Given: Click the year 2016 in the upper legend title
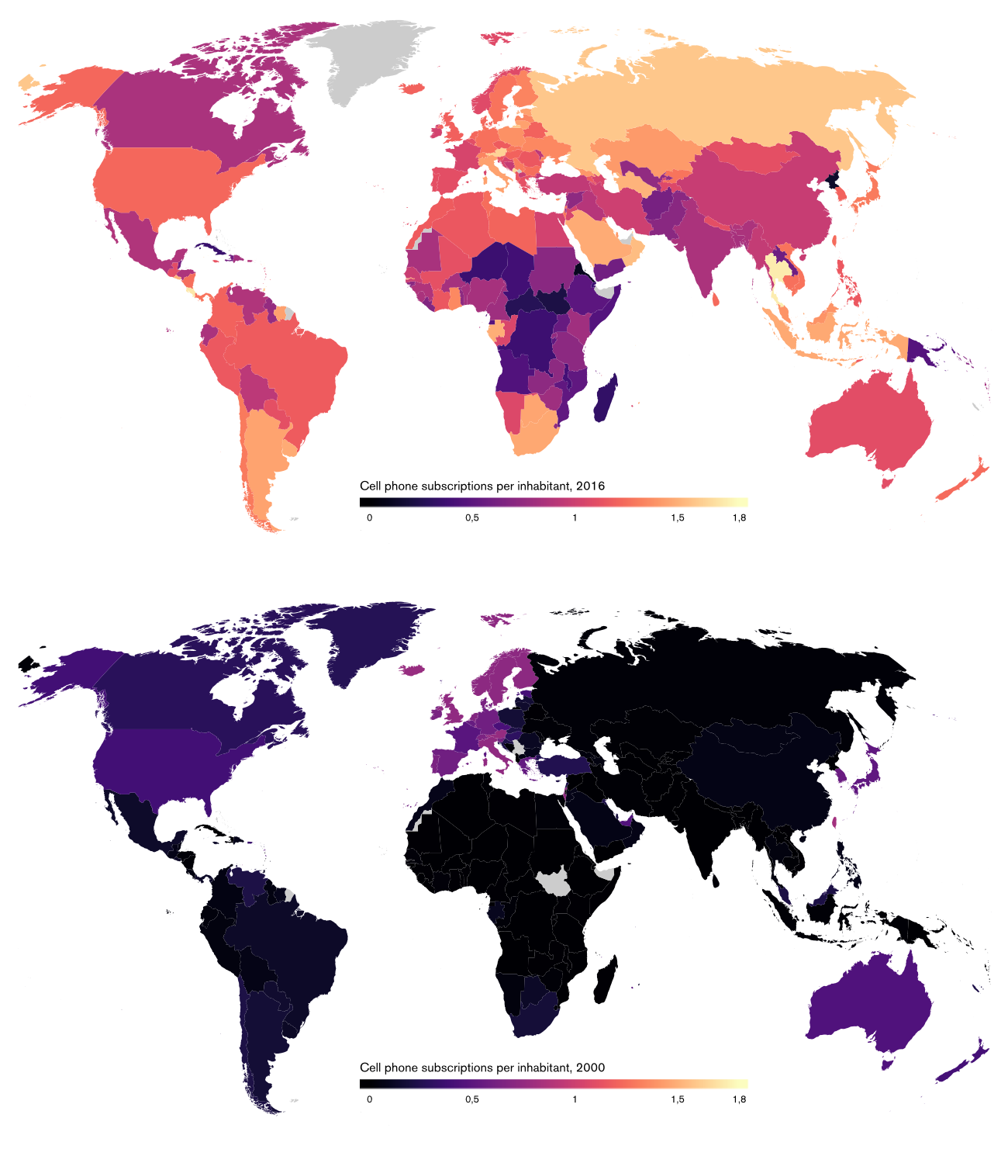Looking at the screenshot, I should click(x=590, y=486).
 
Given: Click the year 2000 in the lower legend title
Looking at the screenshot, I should click(x=590, y=1068).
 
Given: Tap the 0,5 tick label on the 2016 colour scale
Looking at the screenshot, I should click(x=471, y=518).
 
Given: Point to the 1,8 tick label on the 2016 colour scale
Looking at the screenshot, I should click(x=739, y=518).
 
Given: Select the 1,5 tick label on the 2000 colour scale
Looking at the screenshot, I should click(x=677, y=1099).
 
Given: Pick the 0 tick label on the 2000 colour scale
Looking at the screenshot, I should click(x=369, y=1099).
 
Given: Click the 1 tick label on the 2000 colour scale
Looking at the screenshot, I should click(x=575, y=1099).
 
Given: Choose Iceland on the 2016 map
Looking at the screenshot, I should click(x=415, y=88).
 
